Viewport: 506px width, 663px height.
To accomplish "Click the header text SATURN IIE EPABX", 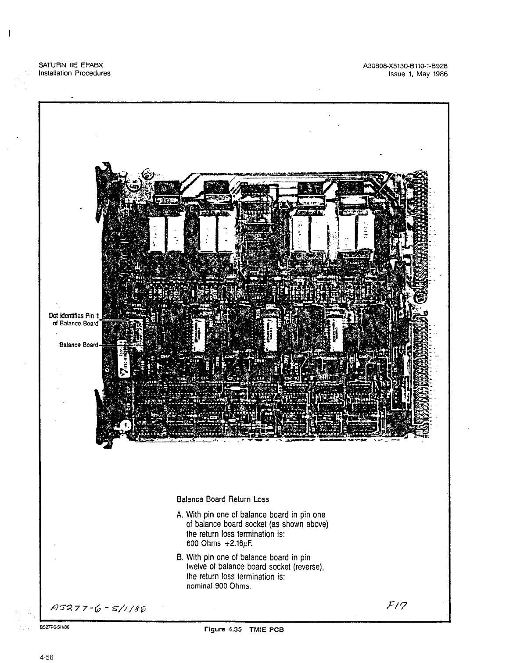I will [x=71, y=65].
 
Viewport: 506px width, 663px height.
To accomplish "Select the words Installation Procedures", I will [x=75, y=73].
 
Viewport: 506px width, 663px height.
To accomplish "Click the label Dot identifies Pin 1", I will [x=75, y=315].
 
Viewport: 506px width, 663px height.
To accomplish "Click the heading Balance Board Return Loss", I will [x=222, y=499].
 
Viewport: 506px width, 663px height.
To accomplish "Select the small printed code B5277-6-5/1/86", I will [x=54, y=627].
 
